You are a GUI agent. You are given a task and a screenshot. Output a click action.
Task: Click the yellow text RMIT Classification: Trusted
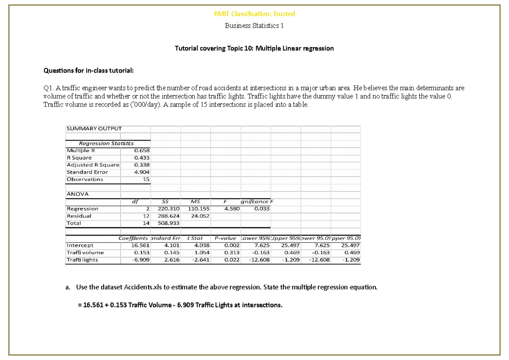(x=255, y=14)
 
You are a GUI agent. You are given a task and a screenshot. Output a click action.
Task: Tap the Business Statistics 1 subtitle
(x=255, y=26)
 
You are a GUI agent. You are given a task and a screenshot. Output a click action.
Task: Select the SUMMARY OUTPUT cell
(x=94, y=128)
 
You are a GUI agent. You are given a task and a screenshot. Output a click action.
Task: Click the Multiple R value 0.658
(x=141, y=150)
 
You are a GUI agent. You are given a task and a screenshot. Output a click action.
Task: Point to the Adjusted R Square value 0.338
(x=141, y=165)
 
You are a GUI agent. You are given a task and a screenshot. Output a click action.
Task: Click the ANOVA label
(x=78, y=194)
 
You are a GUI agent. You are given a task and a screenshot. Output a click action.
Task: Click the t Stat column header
(x=195, y=239)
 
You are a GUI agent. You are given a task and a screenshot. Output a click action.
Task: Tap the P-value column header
(x=225, y=239)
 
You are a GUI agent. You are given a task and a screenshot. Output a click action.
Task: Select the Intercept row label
(x=80, y=245)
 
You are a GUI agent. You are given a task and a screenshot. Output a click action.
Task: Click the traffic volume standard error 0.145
(x=172, y=253)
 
